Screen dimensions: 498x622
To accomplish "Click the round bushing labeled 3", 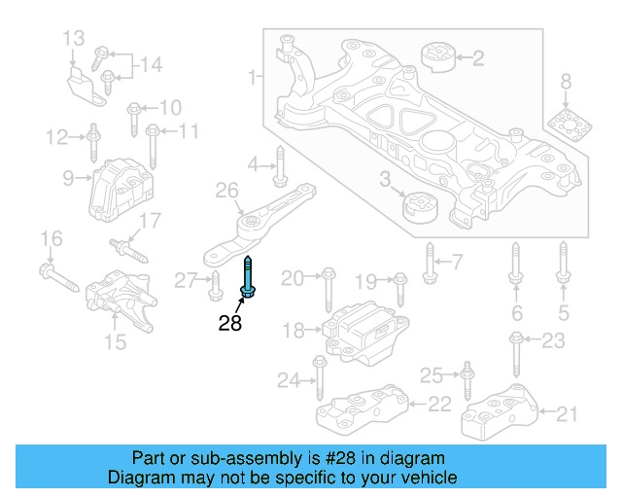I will (420, 207).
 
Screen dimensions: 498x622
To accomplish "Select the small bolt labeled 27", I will (215, 286).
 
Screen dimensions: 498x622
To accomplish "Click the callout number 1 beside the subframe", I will (253, 76).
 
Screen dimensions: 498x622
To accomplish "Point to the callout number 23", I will (552, 340).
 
